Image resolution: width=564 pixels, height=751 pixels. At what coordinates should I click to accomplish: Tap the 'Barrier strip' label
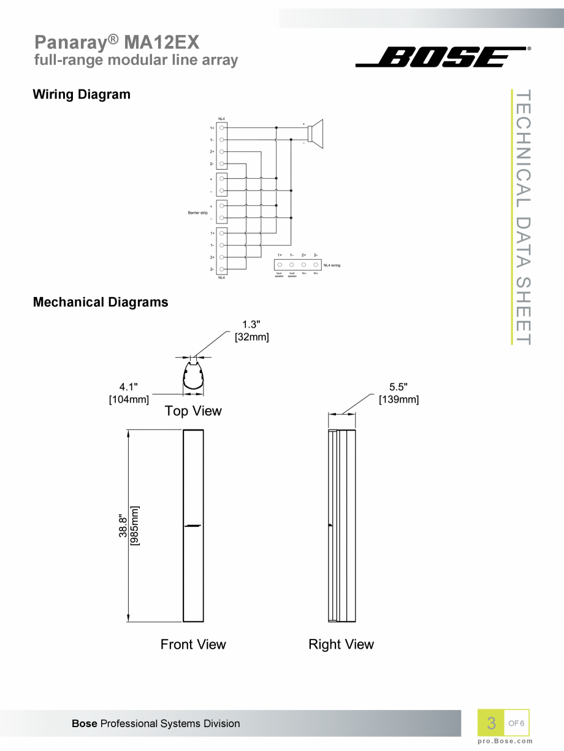pos(197,213)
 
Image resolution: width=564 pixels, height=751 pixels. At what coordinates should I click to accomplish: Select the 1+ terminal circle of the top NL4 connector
pos(222,128)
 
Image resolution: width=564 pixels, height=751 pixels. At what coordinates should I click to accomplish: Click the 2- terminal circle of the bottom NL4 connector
pos(222,269)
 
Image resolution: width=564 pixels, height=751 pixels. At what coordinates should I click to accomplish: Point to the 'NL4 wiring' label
pos(332,265)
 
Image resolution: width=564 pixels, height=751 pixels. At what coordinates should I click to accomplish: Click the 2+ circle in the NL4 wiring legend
pos(304,264)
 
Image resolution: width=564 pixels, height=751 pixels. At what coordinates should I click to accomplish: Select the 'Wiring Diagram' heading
pos(81,94)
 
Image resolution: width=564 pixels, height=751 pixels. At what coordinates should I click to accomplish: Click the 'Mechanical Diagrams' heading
pos(100,302)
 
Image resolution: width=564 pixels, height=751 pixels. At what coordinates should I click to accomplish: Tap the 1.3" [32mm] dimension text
pos(251,330)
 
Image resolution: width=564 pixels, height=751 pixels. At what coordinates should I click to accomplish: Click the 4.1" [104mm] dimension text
pos(129,393)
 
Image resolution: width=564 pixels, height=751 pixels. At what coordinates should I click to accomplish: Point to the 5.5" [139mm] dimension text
pos(398,393)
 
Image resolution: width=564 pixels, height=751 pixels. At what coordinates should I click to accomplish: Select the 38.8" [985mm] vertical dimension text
pos(129,526)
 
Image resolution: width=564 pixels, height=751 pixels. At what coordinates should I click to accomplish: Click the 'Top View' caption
pos(193,411)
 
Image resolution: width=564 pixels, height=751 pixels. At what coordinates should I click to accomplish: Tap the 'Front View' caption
pos(193,644)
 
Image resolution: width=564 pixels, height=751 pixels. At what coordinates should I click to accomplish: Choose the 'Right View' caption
pos(341,644)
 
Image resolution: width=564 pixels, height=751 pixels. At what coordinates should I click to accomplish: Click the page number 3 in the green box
pos(491,723)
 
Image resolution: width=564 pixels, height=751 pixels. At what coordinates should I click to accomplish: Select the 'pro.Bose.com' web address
pos(505,741)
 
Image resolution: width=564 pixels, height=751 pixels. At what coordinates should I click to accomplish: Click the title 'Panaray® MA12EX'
pos(116,42)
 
